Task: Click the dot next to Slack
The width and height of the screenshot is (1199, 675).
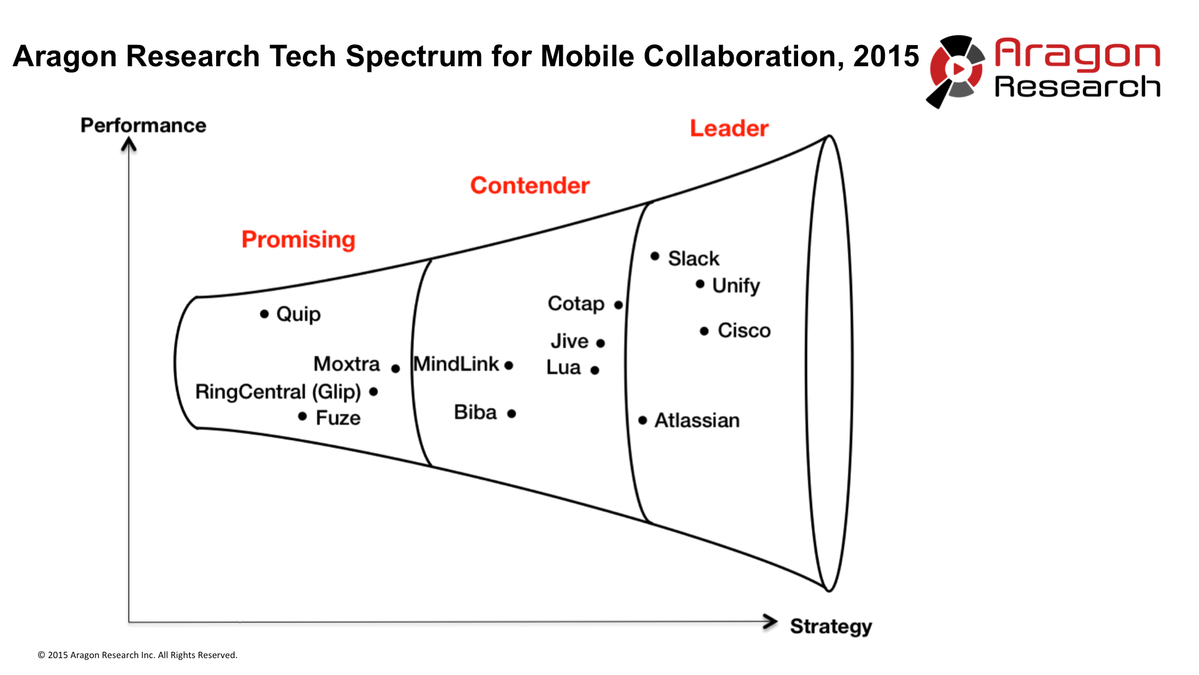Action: pos(654,256)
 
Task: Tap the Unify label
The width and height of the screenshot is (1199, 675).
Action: pos(736,286)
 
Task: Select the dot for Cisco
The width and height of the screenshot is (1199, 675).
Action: pos(704,331)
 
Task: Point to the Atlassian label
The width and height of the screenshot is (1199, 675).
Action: pos(696,421)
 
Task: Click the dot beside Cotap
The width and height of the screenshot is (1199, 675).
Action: pos(618,305)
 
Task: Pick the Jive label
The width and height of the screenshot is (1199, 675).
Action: pos(569,341)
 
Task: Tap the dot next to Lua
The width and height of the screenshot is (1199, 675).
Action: pos(595,371)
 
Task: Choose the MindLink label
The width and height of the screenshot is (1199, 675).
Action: pos(456,364)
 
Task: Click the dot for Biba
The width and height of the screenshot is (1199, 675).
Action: pos(511,414)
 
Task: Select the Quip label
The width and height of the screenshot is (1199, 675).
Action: pos(298,314)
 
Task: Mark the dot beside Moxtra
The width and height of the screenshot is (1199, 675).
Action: pos(395,369)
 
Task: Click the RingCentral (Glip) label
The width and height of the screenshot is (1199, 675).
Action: pos(278,392)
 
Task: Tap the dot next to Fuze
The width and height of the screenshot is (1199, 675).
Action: pos(302,416)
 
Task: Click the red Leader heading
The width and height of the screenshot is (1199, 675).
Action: pos(729,128)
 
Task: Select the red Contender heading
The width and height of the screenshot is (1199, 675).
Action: pos(530,186)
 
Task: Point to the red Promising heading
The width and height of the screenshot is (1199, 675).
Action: pos(298,239)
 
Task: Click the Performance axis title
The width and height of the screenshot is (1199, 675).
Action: pos(143,125)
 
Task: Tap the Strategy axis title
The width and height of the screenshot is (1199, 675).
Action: pos(831,626)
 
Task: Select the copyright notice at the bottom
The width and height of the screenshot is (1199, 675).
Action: pos(137,655)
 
